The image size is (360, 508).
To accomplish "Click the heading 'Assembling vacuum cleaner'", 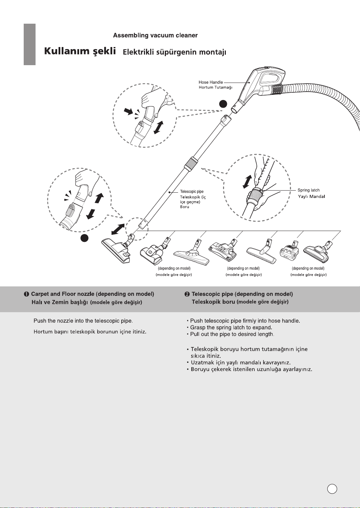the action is (x=155, y=36).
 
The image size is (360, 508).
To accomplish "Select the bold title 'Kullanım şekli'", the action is (x=80, y=51).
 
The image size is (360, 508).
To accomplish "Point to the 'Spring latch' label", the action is (x=308, y=190).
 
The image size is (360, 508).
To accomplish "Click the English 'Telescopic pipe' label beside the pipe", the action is (x=192, y=192).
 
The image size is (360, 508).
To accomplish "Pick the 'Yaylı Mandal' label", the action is (x=311, y=197).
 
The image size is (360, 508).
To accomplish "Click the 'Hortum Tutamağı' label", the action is (x=215, y=87).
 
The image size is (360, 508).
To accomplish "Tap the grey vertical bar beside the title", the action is (x=30, y=44).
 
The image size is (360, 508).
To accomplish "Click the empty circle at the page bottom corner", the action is (x=332, y=489).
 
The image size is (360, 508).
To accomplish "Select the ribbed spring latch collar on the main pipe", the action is (x=191, y=162).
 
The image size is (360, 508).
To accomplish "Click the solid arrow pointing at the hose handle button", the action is (x=129, y=111).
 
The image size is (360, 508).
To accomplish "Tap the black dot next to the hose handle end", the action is (x=223, y=104).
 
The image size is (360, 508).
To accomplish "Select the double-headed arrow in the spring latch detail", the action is (x=247, y=182).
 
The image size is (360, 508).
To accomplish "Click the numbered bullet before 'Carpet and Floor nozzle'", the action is (x=26, y=294).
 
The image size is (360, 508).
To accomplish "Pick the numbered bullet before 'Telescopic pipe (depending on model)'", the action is (x=187, y=294).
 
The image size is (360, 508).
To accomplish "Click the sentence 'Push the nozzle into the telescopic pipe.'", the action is (x=83, y=321).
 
